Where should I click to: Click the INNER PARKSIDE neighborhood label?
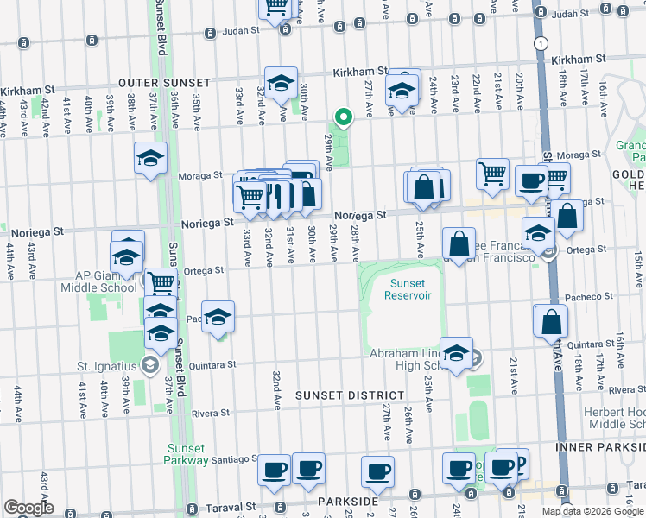601,447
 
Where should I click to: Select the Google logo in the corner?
28,508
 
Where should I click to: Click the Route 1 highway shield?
541,42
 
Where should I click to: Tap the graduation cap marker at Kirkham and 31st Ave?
281,83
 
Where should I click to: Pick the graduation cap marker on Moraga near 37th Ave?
150,158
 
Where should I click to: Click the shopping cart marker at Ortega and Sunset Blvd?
160,282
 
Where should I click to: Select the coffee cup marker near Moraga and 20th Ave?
530,180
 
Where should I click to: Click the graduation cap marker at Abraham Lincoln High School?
456,352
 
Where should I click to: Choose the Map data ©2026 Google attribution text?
592,511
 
